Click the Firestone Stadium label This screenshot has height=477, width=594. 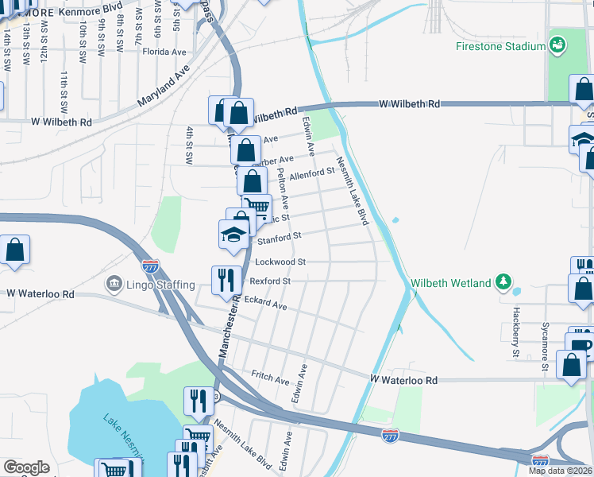(500, 46)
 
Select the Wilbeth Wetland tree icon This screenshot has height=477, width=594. (503, 282)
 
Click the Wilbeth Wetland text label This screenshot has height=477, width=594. (450, 283)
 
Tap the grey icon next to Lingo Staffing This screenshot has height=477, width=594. (113, 284)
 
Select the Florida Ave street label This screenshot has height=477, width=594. (164, 52)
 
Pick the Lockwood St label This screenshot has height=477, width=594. (280, 262)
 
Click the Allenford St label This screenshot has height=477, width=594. (312, 173)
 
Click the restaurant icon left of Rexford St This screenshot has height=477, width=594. (226, 279)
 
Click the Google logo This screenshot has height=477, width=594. (26, 467)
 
